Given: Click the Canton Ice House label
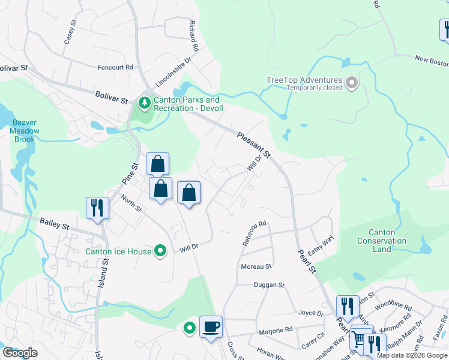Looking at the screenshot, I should [x=118, y=251].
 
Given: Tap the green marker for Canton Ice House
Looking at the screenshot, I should [x=160, y=251].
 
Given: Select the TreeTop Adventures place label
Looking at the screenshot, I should [x=304, y=80].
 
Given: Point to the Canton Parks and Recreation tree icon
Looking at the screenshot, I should [x=144, y=104].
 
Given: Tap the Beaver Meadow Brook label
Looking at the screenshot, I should [x=25, y=131].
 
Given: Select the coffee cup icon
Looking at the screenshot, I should [x=210, y=327].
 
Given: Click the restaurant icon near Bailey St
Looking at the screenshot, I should [x=97, y=208].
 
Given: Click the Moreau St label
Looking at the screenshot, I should [x=256, y=266].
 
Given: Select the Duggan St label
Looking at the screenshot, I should [x=268, y=285].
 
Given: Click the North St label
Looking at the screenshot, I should [x=130, y=203].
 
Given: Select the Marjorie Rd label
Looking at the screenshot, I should [x=276, y=329].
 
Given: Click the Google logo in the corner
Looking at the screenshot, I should [x=20, y=352].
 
